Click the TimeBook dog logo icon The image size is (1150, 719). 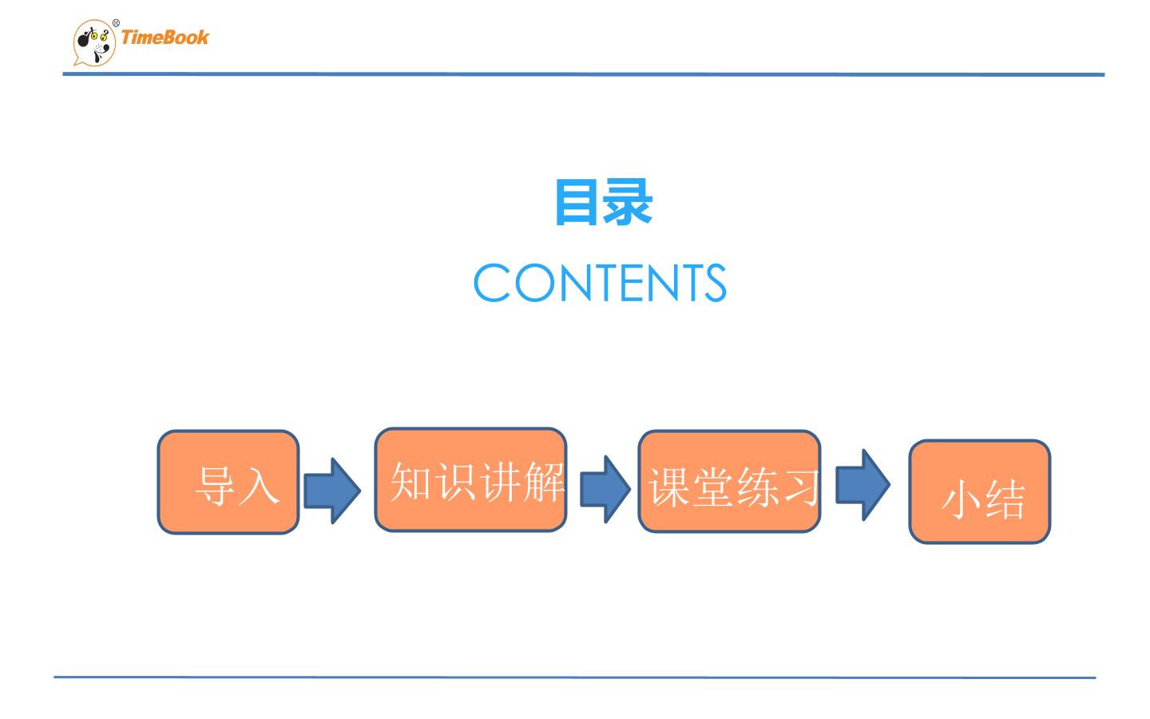[x=94, y=43]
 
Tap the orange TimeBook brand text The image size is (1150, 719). [x=165, y=38]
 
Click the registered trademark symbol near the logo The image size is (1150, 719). [x=116, y=23]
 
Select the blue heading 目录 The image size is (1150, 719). [x=604, y=202]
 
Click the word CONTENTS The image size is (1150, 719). [x=600, y=283]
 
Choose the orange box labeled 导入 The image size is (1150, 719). [x=228, y=483]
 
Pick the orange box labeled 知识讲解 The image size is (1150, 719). [x=471, y=479]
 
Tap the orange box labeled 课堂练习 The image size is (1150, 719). [x=730, y=482]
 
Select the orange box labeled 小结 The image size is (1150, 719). [x=980, y=491]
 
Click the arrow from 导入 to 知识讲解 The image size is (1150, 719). [x=332, y=491]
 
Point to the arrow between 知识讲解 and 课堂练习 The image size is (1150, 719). [x=605, y=490]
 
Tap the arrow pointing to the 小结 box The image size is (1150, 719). [x=863, y=485]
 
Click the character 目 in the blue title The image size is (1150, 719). [x=577, y=202]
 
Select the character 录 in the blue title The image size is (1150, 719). [x=628, y=202]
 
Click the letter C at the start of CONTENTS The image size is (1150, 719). [x=492, y=283]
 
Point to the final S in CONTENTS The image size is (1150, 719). [x=716, y=283]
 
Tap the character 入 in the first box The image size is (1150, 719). [x=260, y=486]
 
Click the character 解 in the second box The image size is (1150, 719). [x=544, y=481]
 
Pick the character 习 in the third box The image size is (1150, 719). [x=799, y=487]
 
